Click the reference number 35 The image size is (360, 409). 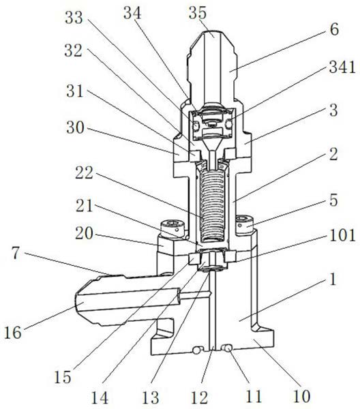(x=198, y=12)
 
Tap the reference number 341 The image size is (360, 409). (x=342, y=67)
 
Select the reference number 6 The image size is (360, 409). (x=334, y=29)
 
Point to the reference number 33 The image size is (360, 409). (x=74, y=18)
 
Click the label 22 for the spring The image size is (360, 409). (x=84, y=172)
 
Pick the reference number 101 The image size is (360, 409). (x=342, y=235)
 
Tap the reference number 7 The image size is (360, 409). (x=16, y=253)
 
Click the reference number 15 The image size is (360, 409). (x=62, y=377)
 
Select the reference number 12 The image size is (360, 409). (x=200, y=397)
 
